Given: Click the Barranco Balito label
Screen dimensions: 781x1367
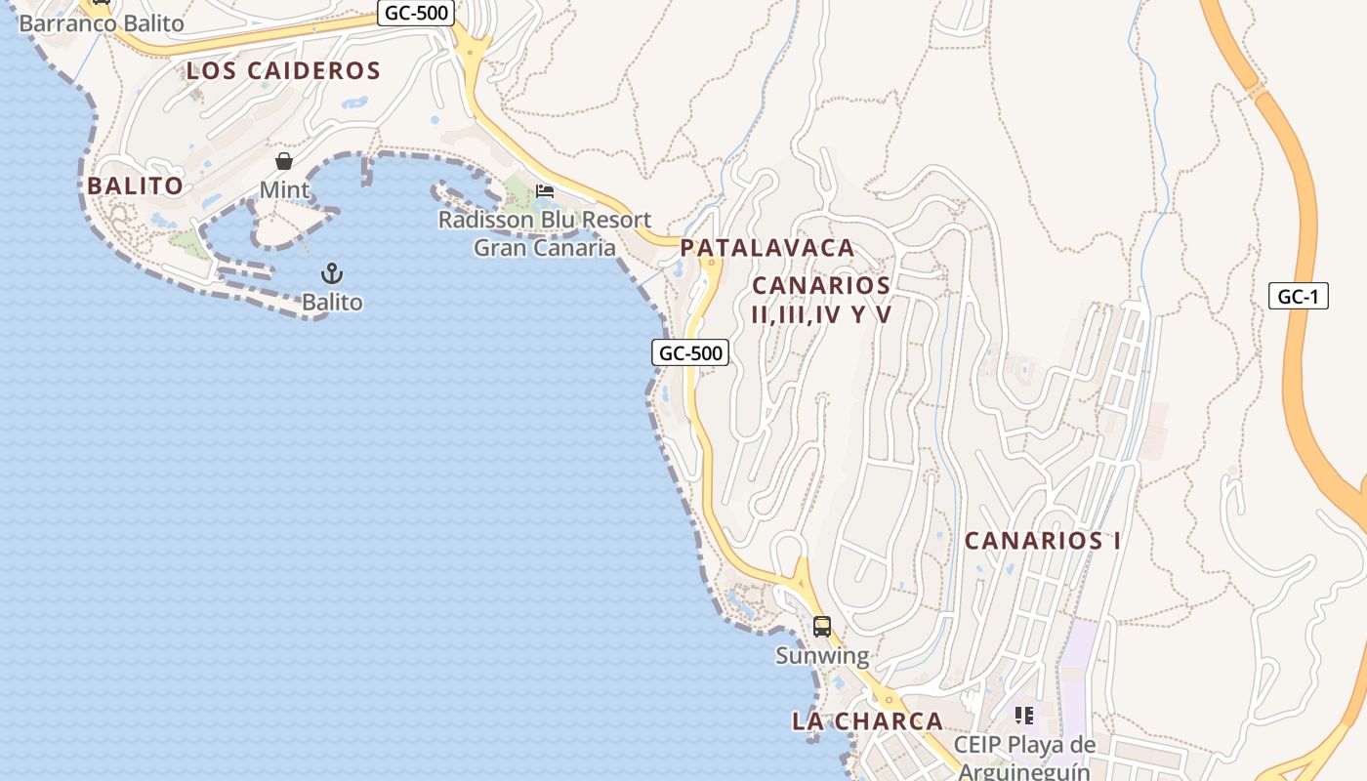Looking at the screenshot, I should (x=102, y=23).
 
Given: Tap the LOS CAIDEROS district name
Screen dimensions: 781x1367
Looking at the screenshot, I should (x=283, y=70).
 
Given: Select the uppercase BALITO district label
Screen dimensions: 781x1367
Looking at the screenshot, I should (x=135, y=185).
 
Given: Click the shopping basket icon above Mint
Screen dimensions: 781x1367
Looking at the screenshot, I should (x=284, y=161).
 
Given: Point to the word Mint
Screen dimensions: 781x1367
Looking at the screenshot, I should (x=284, y=189).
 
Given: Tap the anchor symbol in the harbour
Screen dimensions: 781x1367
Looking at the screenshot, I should (x=332, y=272).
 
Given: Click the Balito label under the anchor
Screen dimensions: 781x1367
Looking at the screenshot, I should (x=332, y=303).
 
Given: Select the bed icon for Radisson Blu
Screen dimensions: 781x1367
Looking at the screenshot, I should (x=545, y=190).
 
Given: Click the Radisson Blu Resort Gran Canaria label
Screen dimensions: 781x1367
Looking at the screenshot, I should (x=545, y=233).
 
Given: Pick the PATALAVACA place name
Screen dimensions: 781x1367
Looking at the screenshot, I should (x=767, y=248).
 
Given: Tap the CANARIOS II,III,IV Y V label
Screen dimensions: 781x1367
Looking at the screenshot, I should (x=821, y=300).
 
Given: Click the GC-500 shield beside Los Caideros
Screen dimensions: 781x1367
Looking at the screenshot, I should (x=416, y=14).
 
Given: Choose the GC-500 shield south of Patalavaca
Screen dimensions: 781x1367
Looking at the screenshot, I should (x=690, y=352).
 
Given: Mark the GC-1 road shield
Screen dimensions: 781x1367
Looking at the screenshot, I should (x=1299, y=297).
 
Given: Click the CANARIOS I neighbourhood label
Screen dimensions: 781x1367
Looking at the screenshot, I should (x=1043, y=540).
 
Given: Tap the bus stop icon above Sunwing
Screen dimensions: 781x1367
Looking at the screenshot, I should (x=822, y=627).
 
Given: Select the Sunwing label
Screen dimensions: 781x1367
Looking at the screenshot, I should (x=822, y=656).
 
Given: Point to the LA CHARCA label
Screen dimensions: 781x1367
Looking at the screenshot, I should (x=867, y=721).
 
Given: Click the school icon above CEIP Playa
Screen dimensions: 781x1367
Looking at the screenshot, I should (x=1023, y=716).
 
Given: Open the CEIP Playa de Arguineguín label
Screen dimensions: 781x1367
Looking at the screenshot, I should (x=1024, y=758).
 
